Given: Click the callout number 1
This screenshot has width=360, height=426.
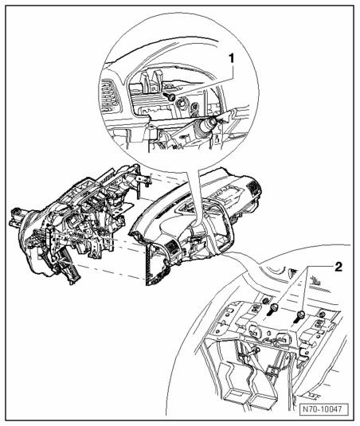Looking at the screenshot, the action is (231, 59).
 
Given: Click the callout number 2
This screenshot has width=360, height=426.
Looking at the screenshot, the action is (338, 267).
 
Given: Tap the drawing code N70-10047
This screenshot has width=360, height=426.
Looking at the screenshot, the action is (324, 409).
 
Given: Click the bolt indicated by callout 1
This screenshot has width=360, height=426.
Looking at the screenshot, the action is (170, 96).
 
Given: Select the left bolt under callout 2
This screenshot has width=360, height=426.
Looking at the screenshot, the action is (273, 309).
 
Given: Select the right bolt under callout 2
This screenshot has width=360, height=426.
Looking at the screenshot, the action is (299, 316).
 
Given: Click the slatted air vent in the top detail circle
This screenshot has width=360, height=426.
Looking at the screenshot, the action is (108, 98).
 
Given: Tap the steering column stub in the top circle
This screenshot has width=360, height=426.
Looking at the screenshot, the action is (207, 125).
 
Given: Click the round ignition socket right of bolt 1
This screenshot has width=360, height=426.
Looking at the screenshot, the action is (182, 104).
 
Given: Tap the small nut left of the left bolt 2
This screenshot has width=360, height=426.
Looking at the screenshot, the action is (265, 301).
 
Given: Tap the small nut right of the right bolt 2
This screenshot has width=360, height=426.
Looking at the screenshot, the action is (322, 315).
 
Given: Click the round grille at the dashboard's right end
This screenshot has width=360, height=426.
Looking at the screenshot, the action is (253, 186).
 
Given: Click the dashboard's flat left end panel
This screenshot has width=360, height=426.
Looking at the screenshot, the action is (151, 265).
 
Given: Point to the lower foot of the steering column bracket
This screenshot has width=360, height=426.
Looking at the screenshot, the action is (72, 276).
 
